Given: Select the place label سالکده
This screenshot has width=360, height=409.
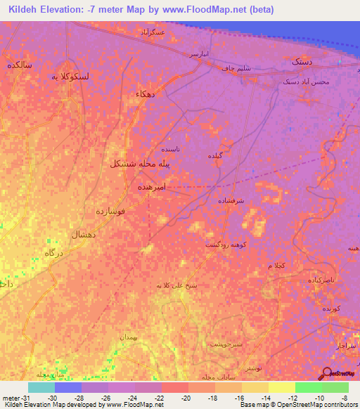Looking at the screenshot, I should pyautogui.click(x=19, y=64).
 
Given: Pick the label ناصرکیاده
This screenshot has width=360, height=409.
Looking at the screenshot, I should pyautogui.click(x=319, y=280).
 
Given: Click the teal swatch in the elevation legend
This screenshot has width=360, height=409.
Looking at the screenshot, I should pyautogui.click(x=41, y=387).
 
